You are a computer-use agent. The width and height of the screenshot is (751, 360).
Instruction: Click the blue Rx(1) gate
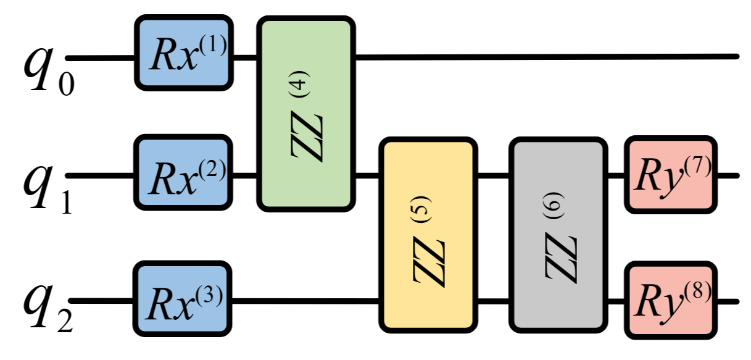(183, 52)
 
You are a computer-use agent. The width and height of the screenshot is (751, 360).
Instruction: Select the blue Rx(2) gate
(183, 173)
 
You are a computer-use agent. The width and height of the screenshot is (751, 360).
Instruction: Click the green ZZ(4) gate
(306, 114)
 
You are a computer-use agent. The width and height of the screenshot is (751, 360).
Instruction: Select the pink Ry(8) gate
(671, 299)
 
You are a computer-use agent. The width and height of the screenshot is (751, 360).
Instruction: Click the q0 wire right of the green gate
(543, 57)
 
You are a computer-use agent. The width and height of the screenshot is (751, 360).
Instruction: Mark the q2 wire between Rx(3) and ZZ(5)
(305, 302)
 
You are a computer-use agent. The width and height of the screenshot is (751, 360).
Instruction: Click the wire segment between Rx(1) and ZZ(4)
(246, 57)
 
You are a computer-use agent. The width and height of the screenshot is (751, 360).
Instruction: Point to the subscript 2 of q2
(64, 321)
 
